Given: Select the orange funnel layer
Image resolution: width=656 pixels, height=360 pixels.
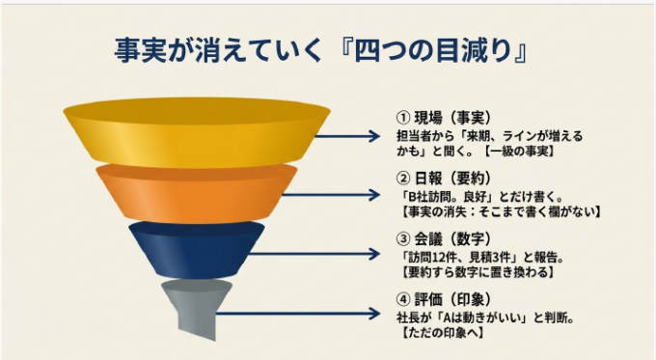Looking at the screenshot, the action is pos(197,193).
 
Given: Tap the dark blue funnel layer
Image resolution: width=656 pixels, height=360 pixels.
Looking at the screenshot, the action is pos(197,250).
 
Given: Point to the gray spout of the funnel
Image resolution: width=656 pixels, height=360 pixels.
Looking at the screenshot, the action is pos(197,308).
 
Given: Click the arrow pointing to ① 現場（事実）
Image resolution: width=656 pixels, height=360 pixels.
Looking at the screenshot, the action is pos(347,136).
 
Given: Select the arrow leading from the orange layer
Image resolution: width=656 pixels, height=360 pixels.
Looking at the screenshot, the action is pos(331,195).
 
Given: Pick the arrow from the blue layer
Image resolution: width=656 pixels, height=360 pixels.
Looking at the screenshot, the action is pos(314,254).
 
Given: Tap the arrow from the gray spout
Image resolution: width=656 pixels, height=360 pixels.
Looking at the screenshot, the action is pos(298,314).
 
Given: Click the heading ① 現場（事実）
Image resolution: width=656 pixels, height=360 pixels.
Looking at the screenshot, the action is pos(444,118).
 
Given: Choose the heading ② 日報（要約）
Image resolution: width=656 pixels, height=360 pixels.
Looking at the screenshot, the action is pos(444,179).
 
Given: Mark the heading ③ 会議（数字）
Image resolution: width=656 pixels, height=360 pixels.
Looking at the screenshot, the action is pos(444,239).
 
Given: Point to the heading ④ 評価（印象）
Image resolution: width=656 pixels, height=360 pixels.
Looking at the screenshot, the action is pos(444,299).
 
